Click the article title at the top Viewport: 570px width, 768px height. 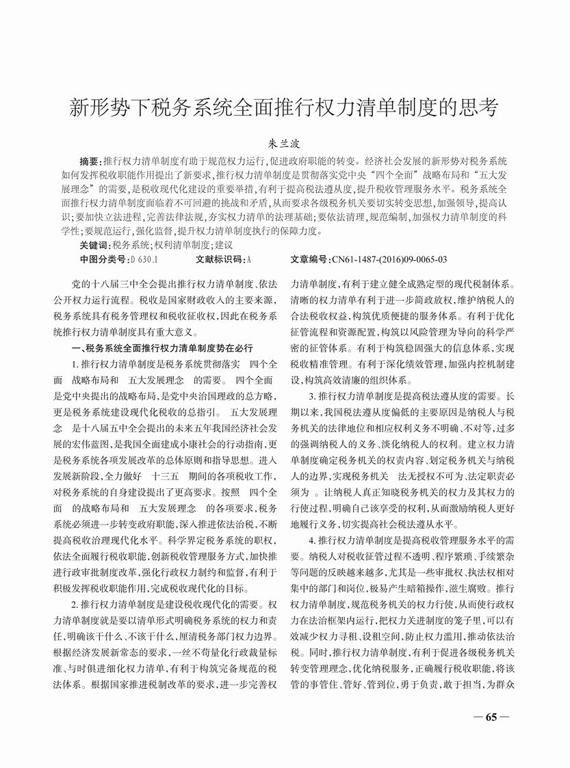pos(285,108)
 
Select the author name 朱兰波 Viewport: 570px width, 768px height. pos(285,144)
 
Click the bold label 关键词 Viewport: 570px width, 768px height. pos(94,244)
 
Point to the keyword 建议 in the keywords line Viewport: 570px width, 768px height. pos(224,244)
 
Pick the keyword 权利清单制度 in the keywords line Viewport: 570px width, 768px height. pos(183,244)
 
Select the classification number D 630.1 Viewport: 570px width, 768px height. pos(144,259)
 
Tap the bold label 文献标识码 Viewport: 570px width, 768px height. pos(220,259)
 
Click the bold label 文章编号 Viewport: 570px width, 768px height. pos(311,259)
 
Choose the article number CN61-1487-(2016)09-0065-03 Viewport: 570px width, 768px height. pos(389,259)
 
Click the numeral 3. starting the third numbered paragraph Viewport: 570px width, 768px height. pos(313,396)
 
